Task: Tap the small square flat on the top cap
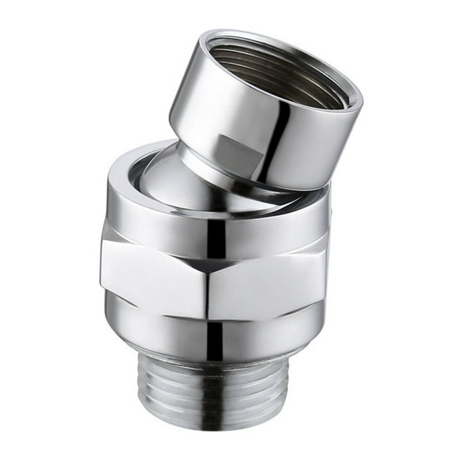[x=232, y=147]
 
